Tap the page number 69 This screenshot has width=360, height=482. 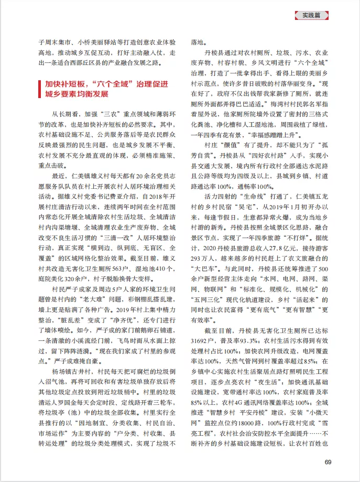pyautogui.click(x=328, y=462)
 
